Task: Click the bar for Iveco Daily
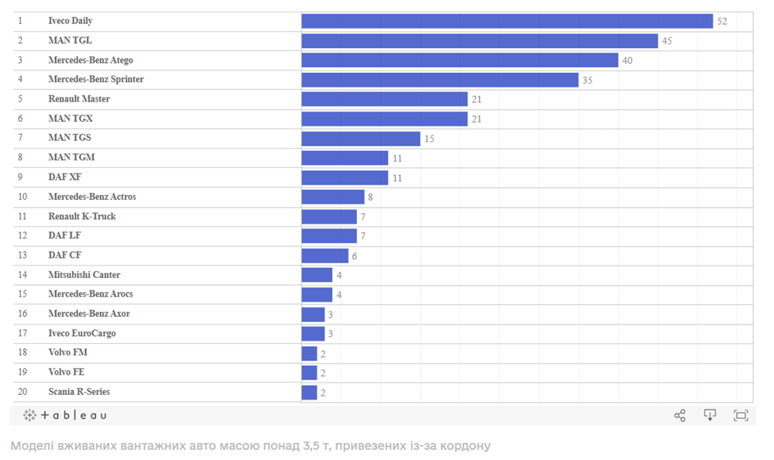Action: pyautogui.click(x=507, y=21)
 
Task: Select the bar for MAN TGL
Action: pyautogui.click(x=480, y=40)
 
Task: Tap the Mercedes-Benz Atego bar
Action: pyautogui.click(x=460, y=60)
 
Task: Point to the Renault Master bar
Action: pyautogui.click(x=385, y=99)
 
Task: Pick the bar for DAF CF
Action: pyautogui.click(x=325, y=256)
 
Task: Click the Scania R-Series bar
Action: pyautogui.click(x=310, y=392)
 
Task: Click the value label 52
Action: pyautogui.click(x=722, y=21)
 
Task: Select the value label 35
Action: pyautogui.click(x=587, y=80)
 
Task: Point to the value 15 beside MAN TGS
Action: pyautogui.click(x=430, y=139)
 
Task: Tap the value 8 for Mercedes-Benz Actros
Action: pyautogui.click(x=370, y=197)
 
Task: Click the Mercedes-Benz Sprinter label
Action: pyautogui.click(x=96, y=80)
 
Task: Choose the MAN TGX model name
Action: pyautogui.click(x=70, y=118)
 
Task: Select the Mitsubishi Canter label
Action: pyautogui.click(x=84, y=275)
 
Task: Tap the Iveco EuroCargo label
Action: pyautogui.click(x=82, y=334)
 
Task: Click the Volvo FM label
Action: pyautogui.click(x=68, y=353)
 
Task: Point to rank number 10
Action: pyautogui.click(x=22, y=197)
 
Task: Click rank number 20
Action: pyautogui.click(x=22, y=392)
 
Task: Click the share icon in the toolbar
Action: pyautogui.click(x=680, y=415)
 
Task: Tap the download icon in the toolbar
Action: pyautogui.click(x=710, y=415)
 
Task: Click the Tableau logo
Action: pyautogui.click(x=65, y=415)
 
